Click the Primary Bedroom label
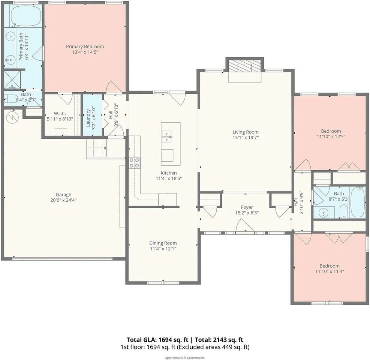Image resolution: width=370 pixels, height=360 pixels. (x=85, y=46)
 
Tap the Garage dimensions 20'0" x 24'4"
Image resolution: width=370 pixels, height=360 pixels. (x=63, y=200)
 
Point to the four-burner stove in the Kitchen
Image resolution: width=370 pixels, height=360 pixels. (x=134, y=163)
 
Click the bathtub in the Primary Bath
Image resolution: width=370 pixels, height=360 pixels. (x=26, y=16)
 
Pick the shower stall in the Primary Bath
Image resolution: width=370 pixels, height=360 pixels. (x=12, y=79)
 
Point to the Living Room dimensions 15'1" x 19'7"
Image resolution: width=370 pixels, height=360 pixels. (x=246, y=138)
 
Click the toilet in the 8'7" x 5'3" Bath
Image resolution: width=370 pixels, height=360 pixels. (x=344, y=211)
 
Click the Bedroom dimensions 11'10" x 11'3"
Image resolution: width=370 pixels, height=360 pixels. (x=330, y=271)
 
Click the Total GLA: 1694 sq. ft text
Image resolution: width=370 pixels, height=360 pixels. (x=157, y=340)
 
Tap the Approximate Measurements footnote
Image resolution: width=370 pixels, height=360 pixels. (x=185, y=358)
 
